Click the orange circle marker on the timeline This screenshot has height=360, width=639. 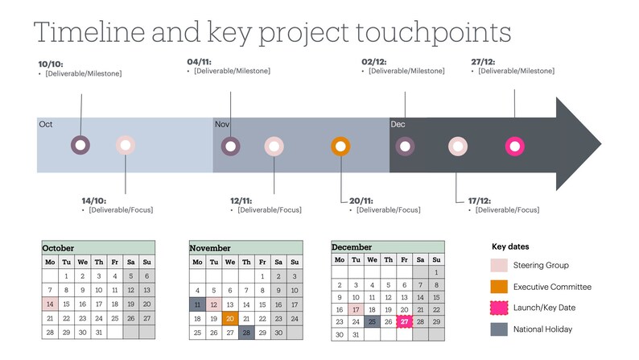point(340,147)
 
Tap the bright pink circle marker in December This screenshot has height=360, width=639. point(513,147)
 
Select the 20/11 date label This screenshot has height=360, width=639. point(361,201)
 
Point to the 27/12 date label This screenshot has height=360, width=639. point(483,61)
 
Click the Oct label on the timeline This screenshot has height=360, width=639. point(46,124)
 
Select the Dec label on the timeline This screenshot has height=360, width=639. point(398,124)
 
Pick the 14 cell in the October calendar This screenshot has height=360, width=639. point(50,304)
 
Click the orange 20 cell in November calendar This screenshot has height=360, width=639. point(230,318)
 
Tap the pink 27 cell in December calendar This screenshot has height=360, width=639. point(404,321)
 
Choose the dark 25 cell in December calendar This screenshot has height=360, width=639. point(371,321)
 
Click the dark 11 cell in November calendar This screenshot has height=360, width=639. point(197,304)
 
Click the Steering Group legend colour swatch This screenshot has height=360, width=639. point(499,266)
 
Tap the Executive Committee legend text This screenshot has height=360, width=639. point(552,287)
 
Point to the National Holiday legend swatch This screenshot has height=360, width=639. point(499,329)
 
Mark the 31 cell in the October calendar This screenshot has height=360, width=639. point(98,332)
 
